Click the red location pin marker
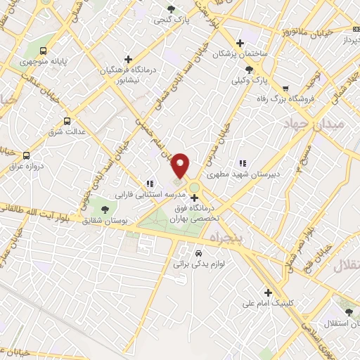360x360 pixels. coord(181,165)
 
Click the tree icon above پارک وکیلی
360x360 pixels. coord(249,69)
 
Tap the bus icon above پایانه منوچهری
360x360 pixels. coord(44,51)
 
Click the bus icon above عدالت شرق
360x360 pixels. coord(67,121)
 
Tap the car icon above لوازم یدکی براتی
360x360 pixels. coord(199,252)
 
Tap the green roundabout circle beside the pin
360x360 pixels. coord(194,188)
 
